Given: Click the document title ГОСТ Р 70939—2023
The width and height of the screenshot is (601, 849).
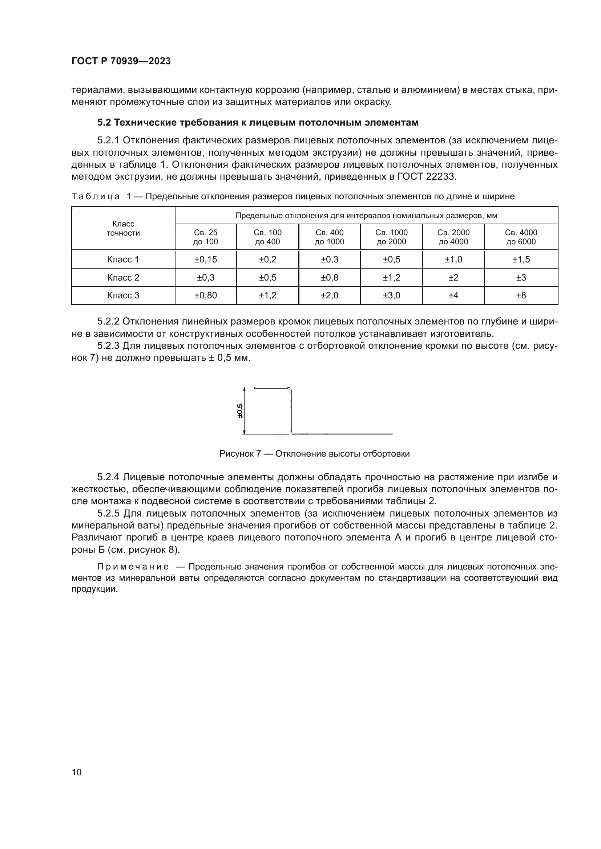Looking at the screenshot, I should pos(121,61).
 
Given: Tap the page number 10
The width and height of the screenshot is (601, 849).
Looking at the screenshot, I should pos(77,772).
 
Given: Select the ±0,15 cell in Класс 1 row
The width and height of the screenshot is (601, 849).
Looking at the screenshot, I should pos(205,260).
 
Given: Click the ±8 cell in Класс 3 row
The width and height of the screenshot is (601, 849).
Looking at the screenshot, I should pos(521,295).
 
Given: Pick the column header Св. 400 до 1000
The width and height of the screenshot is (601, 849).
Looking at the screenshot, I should pos(329,237).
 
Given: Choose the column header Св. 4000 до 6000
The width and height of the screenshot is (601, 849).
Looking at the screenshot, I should pos(521,237).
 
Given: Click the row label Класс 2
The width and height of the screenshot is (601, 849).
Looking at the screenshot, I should pos(123,278).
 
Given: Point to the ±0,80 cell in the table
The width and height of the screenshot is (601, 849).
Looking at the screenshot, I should pos(205,295).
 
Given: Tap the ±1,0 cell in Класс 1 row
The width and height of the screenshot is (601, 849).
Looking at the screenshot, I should pos(453,260).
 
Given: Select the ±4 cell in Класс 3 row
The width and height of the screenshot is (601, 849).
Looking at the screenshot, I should pos(453,295).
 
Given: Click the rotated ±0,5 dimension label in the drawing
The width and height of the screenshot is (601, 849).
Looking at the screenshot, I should pos(240,411).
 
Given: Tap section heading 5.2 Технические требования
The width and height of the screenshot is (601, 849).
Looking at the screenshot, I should pos(258,122).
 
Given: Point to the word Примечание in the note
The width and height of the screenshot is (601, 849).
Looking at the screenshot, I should pos(133,567).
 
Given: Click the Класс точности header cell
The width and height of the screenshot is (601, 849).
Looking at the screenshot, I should pos(123,229).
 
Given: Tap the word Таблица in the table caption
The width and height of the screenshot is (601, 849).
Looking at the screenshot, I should pos(96,196).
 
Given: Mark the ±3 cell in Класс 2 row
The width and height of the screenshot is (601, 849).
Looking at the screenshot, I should pos(521,278).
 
